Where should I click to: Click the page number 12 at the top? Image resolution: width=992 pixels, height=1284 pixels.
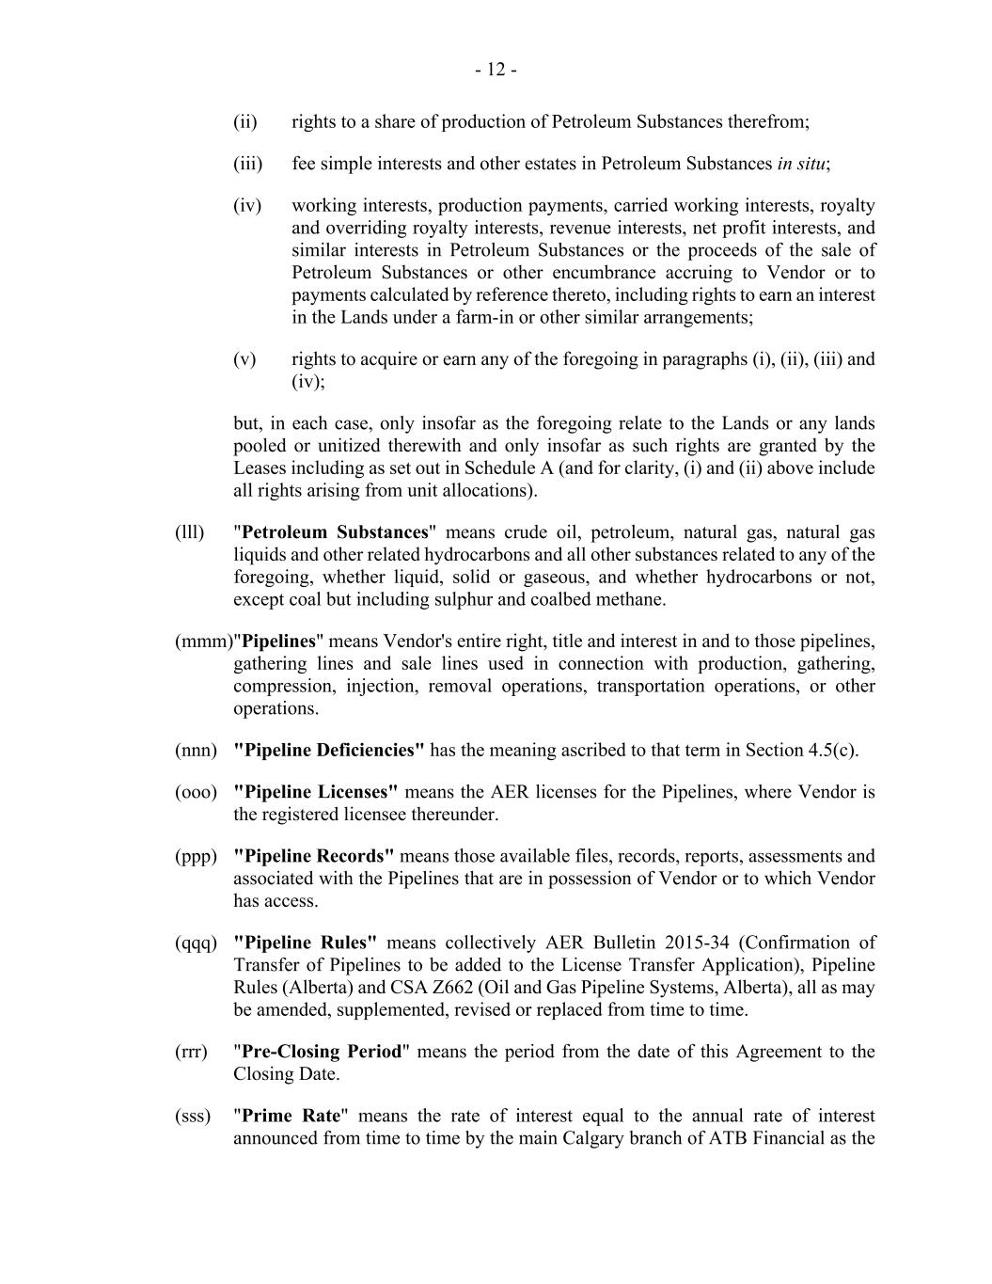[x=496, y=70]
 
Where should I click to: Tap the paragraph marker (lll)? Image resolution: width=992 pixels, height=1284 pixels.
[x=189, y=532]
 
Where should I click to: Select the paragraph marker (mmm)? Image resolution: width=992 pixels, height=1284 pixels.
[x=202, y=642]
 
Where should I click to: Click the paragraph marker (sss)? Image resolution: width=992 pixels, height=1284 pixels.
[x=193, y=1116]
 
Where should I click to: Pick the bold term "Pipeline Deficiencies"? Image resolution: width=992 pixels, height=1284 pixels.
[x=328, y=750]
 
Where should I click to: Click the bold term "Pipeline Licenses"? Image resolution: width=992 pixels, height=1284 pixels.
[x=315, y=792]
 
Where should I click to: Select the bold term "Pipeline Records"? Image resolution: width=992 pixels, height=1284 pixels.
[x=313, y=856]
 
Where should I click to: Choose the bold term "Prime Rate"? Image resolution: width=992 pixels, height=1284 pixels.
[x=291, y=1116]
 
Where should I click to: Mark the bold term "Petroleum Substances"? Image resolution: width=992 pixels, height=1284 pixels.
[x=335, y=532]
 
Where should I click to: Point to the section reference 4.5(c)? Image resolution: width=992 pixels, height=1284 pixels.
[x=831, y=750]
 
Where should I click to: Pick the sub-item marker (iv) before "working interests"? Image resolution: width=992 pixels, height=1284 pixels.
[x=247, y=205]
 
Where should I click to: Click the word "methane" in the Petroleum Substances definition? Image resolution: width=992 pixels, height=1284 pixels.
[x=633, y=600]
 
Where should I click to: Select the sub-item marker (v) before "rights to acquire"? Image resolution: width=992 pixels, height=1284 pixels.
[x=244, y=359]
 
